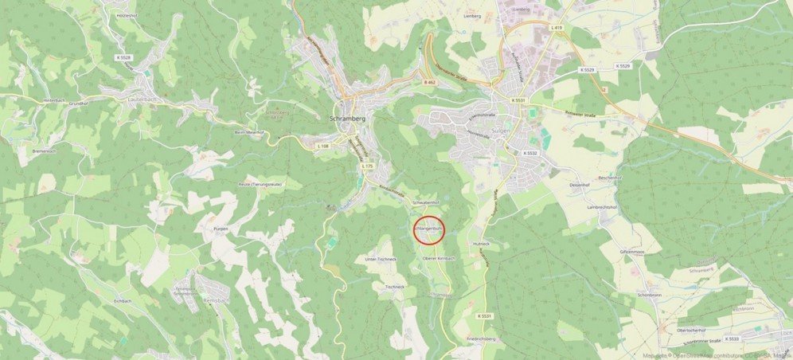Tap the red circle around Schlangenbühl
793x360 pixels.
point(428,230)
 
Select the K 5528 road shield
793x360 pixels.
point(123,58)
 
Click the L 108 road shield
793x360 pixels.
point(322,147)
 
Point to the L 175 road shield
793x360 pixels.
point(366,166)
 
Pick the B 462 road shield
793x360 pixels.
point(430,82)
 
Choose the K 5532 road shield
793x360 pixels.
point(530,153)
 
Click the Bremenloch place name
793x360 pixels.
point(45,151)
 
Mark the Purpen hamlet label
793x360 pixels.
point(221,229)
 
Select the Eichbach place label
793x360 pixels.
point(122,301)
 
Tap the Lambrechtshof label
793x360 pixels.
point(602,207)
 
